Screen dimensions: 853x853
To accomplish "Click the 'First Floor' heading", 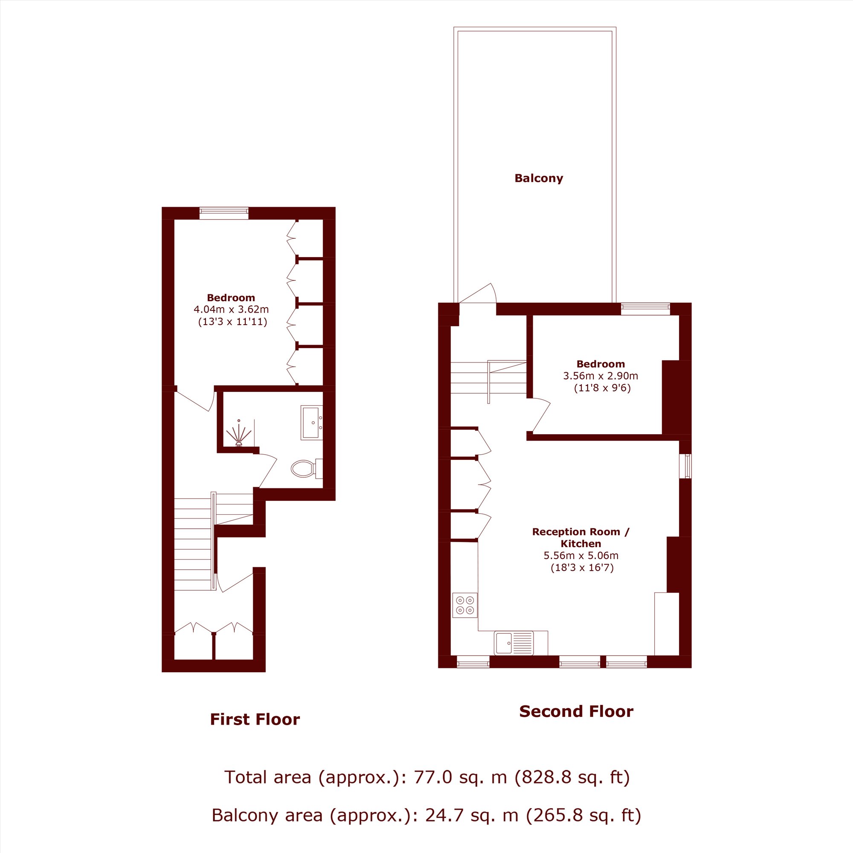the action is coord(255,719).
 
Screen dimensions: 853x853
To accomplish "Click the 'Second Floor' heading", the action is coord(576,711).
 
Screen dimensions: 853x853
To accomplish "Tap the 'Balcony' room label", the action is coord(539,178).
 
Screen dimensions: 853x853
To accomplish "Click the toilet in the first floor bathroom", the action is coord(307,468).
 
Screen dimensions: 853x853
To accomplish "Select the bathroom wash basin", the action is coord(312,423).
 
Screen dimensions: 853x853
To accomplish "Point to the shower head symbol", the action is coord(238,434).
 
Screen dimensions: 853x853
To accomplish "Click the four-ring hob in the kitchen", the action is coord(465,605).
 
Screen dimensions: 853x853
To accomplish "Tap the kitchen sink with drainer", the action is coord(514,643).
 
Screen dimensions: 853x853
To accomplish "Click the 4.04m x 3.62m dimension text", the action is coord(231,310).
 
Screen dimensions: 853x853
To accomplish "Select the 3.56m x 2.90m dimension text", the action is coord(601,376).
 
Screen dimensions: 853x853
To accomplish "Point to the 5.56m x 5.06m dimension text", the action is coord(581,555).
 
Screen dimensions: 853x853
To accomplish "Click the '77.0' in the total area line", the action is coord(432,777).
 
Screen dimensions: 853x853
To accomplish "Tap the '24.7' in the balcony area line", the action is coord(444,815).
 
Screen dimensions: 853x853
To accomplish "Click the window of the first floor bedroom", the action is coord(224,213).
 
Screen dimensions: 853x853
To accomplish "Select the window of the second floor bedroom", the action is coord(645,309).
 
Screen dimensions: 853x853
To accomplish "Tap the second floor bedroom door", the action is coord(541,415).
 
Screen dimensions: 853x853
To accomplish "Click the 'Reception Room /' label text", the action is coord(581,532).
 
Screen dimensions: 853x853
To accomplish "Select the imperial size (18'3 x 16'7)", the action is coord(582,568).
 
